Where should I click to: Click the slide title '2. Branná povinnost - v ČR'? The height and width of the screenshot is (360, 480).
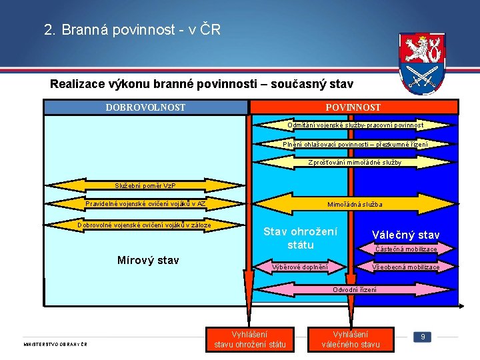point(132,30)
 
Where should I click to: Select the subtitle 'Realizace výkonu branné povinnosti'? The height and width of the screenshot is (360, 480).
point(201,85)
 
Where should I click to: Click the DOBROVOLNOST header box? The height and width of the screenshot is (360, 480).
point(145,107)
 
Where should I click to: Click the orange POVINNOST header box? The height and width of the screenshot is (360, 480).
point(353,107)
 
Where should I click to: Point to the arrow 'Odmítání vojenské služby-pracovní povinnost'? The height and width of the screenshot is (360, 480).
point(355,125)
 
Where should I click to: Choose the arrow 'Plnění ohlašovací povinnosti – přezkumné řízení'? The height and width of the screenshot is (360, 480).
point(355,144)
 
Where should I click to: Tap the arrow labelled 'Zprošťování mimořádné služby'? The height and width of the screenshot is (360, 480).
point(355,162)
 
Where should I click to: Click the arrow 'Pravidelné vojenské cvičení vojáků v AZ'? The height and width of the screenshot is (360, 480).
point(145,204)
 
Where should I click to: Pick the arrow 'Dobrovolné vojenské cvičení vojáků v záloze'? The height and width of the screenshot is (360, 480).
point(144,225)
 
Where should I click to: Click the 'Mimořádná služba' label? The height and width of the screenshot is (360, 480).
point(355,204)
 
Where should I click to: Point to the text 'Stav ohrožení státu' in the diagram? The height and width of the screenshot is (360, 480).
point(301,238)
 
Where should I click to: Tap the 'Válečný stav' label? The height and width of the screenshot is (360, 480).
point(405,235)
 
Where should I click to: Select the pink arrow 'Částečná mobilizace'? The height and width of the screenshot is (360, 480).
point(406,249)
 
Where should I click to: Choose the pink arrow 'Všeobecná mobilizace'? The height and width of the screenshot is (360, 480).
point(406,267)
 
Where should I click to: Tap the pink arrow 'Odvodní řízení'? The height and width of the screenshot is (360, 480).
point(354,289)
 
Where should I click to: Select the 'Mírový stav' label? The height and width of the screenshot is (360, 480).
point(148,260)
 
